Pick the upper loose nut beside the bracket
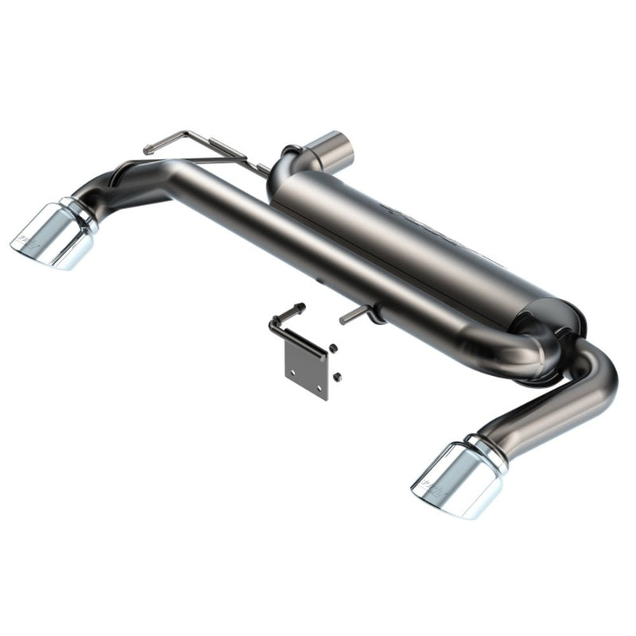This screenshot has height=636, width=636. (332, 347)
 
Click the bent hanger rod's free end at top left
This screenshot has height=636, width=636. (149, 149)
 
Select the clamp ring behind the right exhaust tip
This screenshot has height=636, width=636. (487, 449)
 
